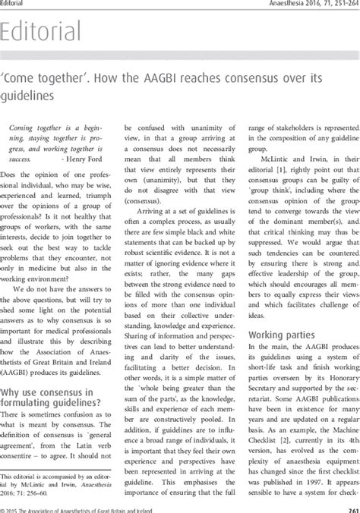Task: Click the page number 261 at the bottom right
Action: coord(349,508)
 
